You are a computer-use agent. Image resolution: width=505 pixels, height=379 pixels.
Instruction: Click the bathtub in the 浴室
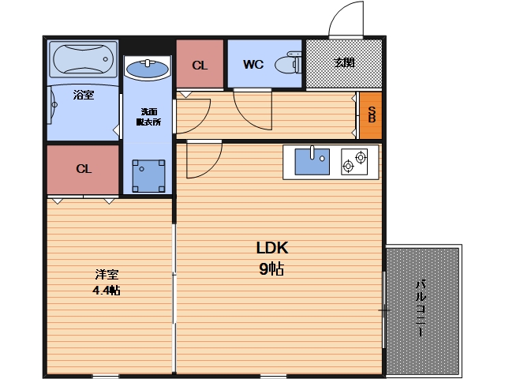point(84,59)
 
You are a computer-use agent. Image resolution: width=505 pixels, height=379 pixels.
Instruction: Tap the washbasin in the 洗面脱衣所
point(148,69)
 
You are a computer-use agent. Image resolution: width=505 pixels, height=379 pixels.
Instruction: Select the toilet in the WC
point(288,63)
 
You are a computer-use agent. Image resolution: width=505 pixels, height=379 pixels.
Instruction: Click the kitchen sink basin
point(312,161)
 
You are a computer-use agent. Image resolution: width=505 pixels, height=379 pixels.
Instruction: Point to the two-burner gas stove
point(354,162)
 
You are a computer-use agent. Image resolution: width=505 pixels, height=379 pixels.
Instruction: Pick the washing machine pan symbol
point(148,176)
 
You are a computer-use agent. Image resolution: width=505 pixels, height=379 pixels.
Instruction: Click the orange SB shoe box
point(371,115)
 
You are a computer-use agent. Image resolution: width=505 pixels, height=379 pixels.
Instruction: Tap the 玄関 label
point(344,62)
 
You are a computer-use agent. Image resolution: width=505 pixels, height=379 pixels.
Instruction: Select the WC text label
point(253,65)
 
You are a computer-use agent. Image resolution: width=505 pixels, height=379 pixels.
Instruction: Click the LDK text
point(272,248)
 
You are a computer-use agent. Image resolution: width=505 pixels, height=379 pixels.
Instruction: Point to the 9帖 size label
point(271,268)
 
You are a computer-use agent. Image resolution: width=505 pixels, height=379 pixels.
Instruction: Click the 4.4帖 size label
point(107,291)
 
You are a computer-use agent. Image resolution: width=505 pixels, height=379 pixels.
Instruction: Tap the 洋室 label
point(107,274)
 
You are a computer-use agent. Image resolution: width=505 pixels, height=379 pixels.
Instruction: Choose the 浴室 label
point(84,95)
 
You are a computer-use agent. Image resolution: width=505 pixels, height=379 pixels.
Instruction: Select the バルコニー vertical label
point(421,309)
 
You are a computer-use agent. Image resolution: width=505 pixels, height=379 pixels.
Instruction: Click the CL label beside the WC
point(200,66)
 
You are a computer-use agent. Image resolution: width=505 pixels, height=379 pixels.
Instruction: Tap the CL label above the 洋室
point(84,169)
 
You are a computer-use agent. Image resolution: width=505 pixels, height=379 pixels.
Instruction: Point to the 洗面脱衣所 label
point(148,117)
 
